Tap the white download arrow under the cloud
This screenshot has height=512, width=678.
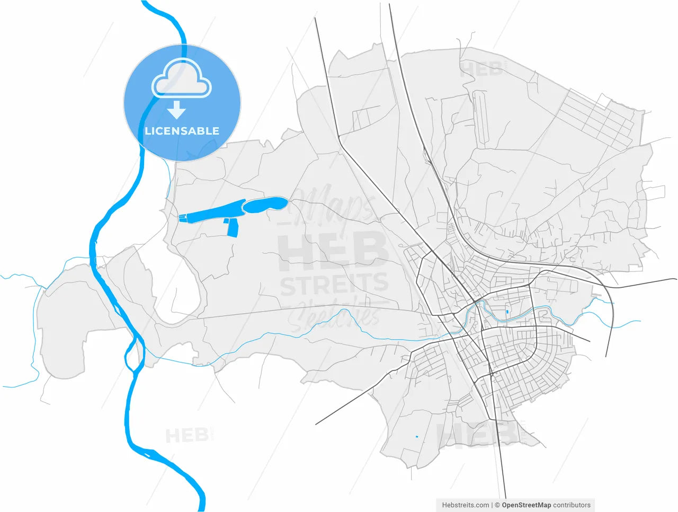176,110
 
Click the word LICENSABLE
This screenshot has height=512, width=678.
182,131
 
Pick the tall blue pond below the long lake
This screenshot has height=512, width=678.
233,228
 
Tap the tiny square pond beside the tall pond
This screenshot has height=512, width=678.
226,220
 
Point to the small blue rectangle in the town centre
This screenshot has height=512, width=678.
507,312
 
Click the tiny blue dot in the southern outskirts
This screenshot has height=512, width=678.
416,436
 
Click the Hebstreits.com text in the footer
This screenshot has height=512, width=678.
466,505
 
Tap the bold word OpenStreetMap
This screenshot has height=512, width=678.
526,505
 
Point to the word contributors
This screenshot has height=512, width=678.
572,505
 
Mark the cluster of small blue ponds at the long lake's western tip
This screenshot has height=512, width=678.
183,216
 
